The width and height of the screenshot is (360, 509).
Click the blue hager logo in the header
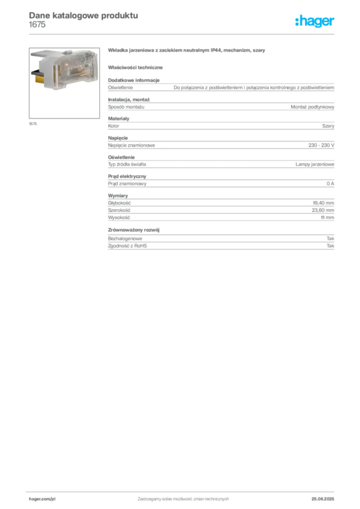coord(315,21)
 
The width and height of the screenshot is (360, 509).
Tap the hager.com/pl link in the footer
coord(42,498)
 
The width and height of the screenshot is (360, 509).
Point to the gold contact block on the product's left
coord(39,76)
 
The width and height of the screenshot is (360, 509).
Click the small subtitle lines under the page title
coord(38,26)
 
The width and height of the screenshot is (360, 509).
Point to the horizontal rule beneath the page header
coord(182,34)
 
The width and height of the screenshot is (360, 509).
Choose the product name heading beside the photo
coord(187,51)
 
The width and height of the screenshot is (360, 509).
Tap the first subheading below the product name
coord(137,66)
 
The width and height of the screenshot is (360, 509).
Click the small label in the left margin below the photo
coord(33,124)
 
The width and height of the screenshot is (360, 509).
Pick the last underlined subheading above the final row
coord(135,230)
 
